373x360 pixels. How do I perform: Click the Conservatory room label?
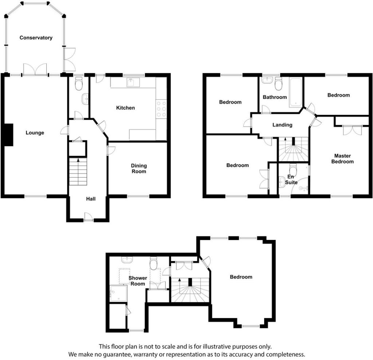coord(36,38)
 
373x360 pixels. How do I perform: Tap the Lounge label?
coord(35,133)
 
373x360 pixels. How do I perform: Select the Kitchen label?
coord(125,108)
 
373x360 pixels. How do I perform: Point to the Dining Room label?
coord(139,169)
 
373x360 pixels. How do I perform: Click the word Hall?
coord(91,199)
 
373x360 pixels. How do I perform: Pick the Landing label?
coord(282,125)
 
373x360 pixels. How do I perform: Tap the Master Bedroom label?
coord(342,159)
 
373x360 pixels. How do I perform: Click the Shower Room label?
coord(138,281)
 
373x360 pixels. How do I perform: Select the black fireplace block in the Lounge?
coord(9,135)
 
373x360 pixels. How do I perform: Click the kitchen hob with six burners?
coord(161,109)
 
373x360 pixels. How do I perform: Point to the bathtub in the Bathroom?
coord(296,92)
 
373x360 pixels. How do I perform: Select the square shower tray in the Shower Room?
coord(118,294)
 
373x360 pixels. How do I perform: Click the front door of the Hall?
coord(89,217)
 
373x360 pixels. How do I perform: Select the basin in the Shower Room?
coord(127,260)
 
